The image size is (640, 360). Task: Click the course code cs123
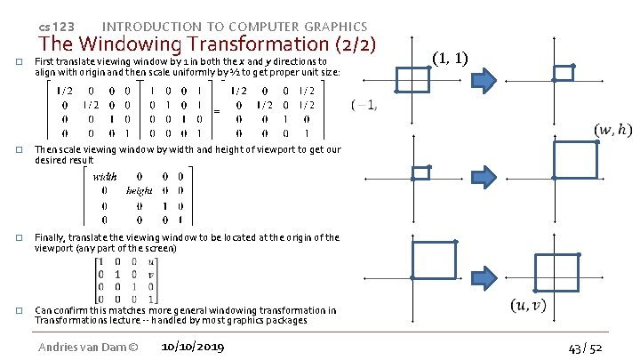57,27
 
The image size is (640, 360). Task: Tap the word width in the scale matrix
106,177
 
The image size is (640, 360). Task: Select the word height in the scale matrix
140,190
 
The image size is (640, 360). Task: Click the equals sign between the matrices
218,111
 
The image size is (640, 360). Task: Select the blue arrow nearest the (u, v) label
504,260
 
